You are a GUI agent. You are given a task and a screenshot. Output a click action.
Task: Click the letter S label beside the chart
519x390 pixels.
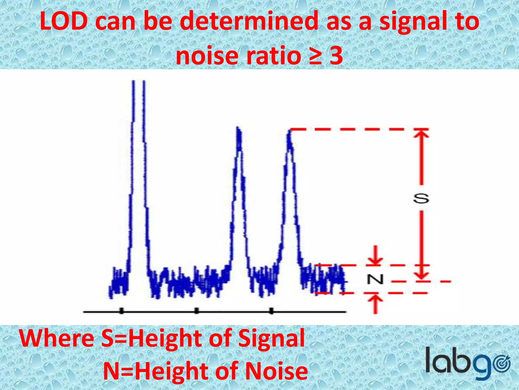[421, 199]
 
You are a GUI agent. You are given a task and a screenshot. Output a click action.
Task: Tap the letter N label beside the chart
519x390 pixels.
[375, 280]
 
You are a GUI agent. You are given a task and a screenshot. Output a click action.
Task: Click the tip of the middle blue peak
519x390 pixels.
[238, 128]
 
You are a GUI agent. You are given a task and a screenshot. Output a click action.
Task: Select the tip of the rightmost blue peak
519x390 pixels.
[289, 131]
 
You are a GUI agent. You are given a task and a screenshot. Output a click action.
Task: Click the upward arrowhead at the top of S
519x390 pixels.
[421, 134]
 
